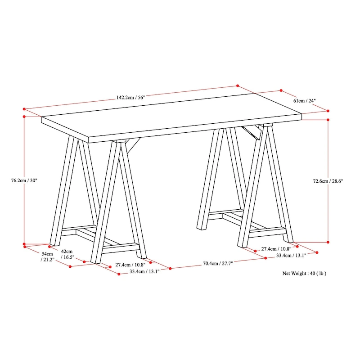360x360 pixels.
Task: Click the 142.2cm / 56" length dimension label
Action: tap(130, 97)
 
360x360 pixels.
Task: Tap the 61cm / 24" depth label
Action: tap(305, 100)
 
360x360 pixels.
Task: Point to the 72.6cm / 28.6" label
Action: tap(328, 181)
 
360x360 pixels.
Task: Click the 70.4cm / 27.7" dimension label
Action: tap(218, 263)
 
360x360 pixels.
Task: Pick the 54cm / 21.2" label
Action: tap(47, 256)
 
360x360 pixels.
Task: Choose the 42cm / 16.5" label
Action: tap(67, 254)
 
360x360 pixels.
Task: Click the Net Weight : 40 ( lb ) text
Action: tap(304, 273)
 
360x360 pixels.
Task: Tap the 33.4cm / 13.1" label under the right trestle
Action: tap(291, 255)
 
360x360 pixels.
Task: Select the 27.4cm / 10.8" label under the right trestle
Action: tap(276, 249)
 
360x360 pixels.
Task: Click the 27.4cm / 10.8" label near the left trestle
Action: tap(130, 265)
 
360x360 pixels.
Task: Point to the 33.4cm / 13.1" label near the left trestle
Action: tap(144, 271)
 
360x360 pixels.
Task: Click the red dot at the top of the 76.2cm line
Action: tap(24, 117)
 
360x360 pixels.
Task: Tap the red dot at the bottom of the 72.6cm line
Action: tap(328, 242)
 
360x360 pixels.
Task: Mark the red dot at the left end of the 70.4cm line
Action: tap(170, 268)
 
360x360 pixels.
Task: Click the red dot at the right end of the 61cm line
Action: tap(328, 111)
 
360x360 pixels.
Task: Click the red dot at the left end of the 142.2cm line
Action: tap(24, 109)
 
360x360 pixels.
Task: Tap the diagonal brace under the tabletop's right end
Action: tap(252, 132)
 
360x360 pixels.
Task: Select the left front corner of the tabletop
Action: tap(88, 138)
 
